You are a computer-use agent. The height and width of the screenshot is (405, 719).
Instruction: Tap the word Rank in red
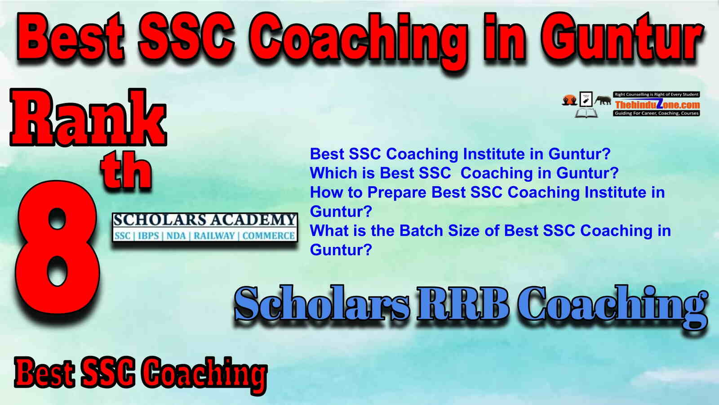click(x=88, y=117)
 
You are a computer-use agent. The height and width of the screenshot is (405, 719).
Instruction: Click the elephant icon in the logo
click(x=603, y=100)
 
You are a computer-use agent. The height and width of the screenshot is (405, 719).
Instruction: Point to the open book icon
click(x=586, y=113)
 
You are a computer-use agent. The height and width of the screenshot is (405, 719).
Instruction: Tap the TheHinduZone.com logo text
click(x=657, y=104)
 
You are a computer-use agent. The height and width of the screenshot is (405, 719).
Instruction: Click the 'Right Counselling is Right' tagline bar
click(x=657, y=94)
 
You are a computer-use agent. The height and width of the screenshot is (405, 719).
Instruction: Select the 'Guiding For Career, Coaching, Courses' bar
click(x=657, y=113)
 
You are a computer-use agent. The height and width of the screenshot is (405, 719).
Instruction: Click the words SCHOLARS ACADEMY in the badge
click(x=205, y=220)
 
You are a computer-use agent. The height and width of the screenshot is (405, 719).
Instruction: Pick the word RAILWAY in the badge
click(x=214, y=236)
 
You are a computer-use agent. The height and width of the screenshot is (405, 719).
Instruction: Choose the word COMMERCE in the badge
click(x=268, y=236)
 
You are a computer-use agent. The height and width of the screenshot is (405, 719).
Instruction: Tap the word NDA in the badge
click(x=176, y=236)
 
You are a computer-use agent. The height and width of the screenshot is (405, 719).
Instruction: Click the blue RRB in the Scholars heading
click(x=463, y=303)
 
